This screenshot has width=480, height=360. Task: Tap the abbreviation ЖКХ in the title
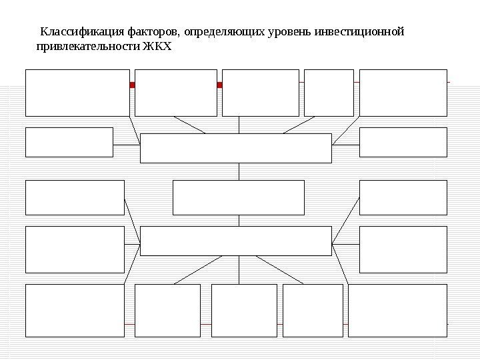157,48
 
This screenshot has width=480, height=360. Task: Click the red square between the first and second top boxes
132,85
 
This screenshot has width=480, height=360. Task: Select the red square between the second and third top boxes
219,85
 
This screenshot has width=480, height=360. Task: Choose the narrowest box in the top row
329,92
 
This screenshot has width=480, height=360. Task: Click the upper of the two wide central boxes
235,148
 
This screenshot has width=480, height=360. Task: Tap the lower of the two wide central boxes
235,241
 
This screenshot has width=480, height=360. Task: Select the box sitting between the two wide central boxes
238,197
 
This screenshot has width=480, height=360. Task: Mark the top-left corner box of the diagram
77,92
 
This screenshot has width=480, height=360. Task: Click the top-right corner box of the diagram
403,92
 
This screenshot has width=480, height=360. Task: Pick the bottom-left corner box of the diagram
75,310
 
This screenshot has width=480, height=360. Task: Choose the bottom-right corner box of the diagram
398,310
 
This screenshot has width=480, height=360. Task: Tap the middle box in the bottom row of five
244,310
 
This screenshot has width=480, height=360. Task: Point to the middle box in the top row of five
260,92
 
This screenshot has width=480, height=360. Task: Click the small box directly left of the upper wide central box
69,142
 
